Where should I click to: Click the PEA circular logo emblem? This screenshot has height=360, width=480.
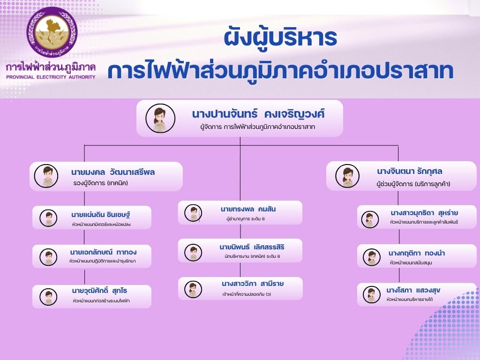pos(52,31)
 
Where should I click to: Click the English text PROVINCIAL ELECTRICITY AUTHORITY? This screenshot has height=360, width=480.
pos(51,77)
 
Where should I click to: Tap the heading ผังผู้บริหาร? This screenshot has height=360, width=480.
pos(280,37)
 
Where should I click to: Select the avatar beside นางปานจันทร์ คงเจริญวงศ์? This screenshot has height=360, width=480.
pos(160,118)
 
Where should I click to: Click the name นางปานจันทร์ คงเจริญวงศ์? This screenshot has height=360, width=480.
pos(258,114)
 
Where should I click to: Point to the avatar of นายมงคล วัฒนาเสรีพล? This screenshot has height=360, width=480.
pos(46,176)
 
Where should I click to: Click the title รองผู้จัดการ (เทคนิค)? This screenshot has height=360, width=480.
pos(101,183)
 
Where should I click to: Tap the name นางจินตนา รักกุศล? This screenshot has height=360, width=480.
pos(410,171)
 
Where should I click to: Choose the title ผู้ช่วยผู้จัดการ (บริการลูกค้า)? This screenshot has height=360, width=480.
pos(413,184)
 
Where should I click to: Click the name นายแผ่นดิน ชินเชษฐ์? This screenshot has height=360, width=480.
pos(101,215)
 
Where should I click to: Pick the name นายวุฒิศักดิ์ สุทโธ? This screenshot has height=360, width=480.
pos(99,291)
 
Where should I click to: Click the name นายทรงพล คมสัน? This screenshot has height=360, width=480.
pos(248,209)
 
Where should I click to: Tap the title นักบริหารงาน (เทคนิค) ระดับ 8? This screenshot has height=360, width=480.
pos(252,256)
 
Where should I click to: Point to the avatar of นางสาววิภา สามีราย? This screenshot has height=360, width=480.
pos(193,289)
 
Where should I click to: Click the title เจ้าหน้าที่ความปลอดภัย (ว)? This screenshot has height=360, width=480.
pos(247,294)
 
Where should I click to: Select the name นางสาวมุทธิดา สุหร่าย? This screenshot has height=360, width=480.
pos(424,213)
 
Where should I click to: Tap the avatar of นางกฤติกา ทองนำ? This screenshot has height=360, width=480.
pos(372,257)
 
